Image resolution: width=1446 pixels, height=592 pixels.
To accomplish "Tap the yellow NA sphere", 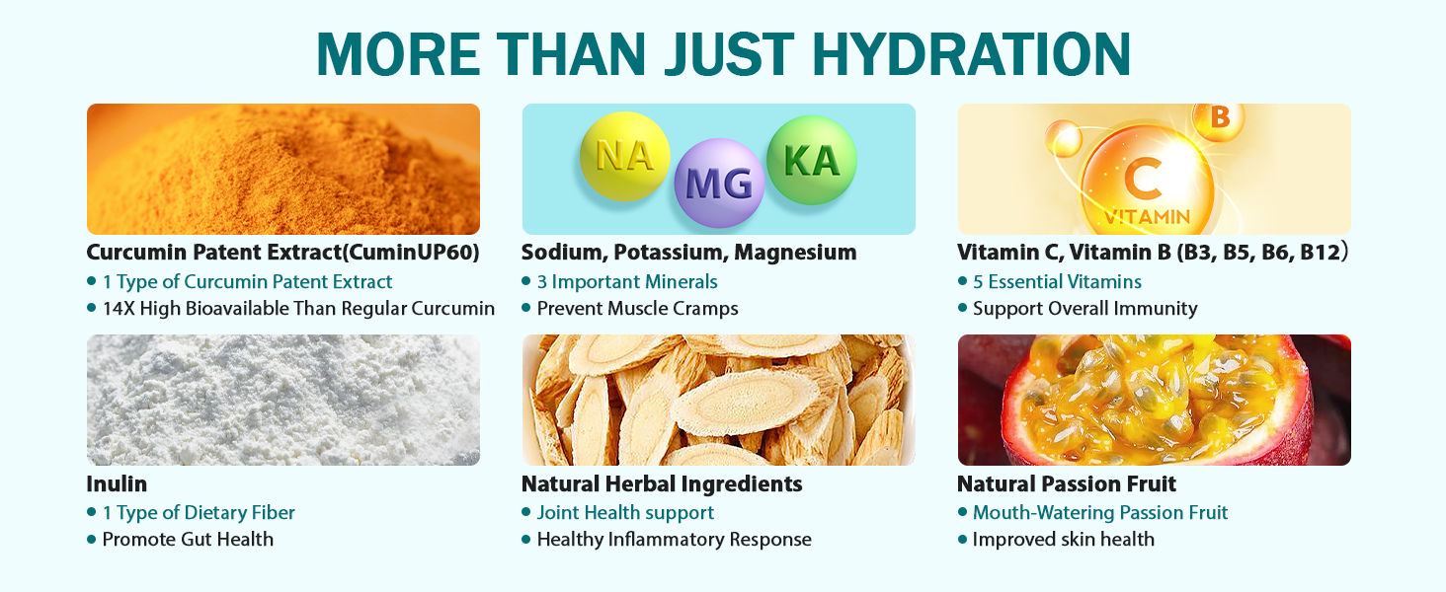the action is (x=624, y=156).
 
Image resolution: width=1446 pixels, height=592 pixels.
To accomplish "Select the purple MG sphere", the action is (x=719, y=184).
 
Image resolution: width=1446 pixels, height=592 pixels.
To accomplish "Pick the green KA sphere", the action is (x=812, y=160).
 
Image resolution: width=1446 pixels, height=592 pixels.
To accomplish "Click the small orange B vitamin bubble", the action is (x=1218, y=120).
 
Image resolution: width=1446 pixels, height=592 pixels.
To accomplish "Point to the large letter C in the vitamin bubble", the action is (x=1143, y=179).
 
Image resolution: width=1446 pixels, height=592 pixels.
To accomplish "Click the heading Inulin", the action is (x=117, y=483).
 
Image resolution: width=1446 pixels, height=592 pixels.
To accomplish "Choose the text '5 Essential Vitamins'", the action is (x=1057, y=282).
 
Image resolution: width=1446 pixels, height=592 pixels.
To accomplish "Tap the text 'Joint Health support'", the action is (x=625, y=513).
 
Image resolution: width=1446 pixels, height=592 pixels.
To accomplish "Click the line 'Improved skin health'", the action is (x=1063, y=539).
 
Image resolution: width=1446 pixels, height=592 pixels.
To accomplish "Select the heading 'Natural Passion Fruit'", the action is (x=1067, y=483).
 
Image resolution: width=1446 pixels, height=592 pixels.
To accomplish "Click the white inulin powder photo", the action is (x=283, y=400).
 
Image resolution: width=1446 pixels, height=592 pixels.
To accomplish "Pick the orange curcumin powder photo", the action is (x=283, y=169).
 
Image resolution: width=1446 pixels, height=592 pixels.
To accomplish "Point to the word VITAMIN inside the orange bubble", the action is (x=1147, y=217).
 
